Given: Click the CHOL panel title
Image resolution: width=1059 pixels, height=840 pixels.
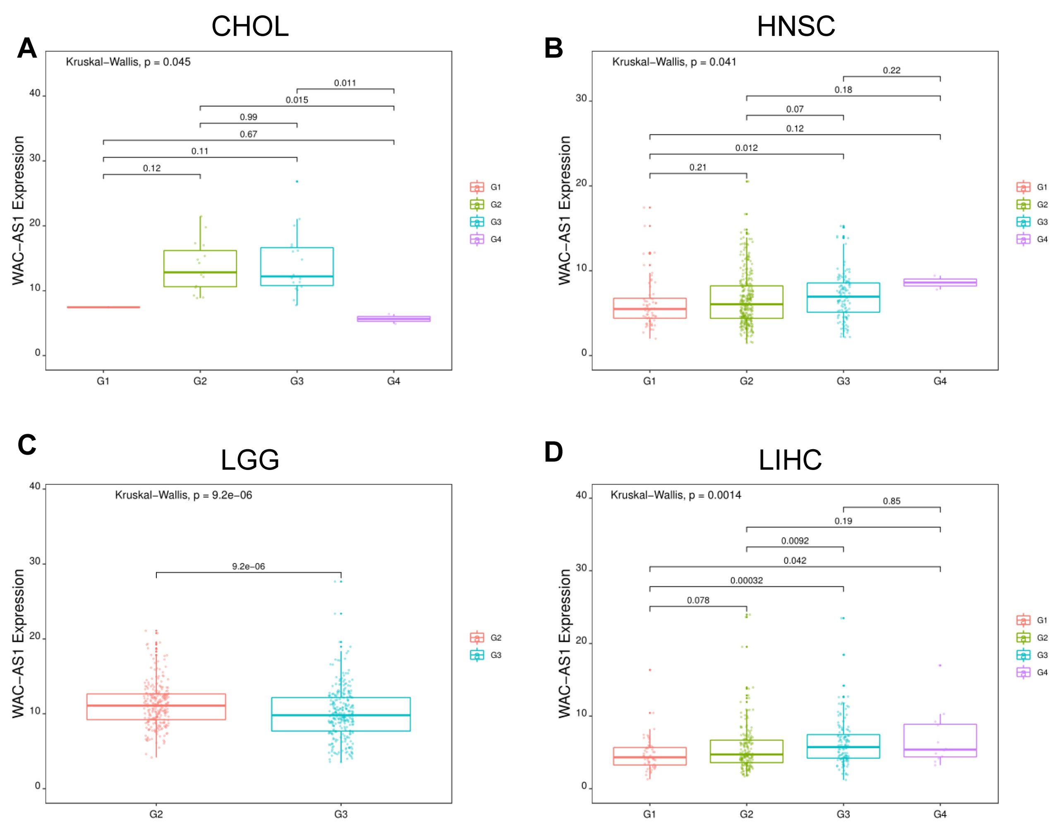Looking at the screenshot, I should [x=249, y=26].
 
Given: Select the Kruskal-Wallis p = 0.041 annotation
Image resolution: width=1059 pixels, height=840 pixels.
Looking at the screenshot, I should [x=674, y=62].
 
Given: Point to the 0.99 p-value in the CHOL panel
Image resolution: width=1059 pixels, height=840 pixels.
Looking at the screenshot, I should [x=249, y=117].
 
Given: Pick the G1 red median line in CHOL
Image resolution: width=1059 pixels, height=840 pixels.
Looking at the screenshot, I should [x=103, y=307].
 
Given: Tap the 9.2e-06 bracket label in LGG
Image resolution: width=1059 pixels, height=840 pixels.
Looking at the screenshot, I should [x=249, y=567].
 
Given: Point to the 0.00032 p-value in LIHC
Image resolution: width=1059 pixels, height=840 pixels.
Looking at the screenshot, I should [x=746, y=580].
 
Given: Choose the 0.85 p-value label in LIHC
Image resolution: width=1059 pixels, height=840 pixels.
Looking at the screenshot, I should [x=891, y=501].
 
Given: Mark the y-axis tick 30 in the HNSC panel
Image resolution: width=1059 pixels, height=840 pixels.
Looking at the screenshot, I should [x=581, y=98].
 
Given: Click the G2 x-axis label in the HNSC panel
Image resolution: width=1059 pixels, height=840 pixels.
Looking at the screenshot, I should [x=746, y=381].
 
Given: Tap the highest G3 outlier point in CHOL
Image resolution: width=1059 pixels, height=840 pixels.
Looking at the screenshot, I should [x=297, y=181].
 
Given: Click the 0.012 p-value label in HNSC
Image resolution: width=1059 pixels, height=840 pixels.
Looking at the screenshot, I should [x=746, y=148].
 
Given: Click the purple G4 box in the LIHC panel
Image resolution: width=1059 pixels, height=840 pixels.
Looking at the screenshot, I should [x=939, y=740].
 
